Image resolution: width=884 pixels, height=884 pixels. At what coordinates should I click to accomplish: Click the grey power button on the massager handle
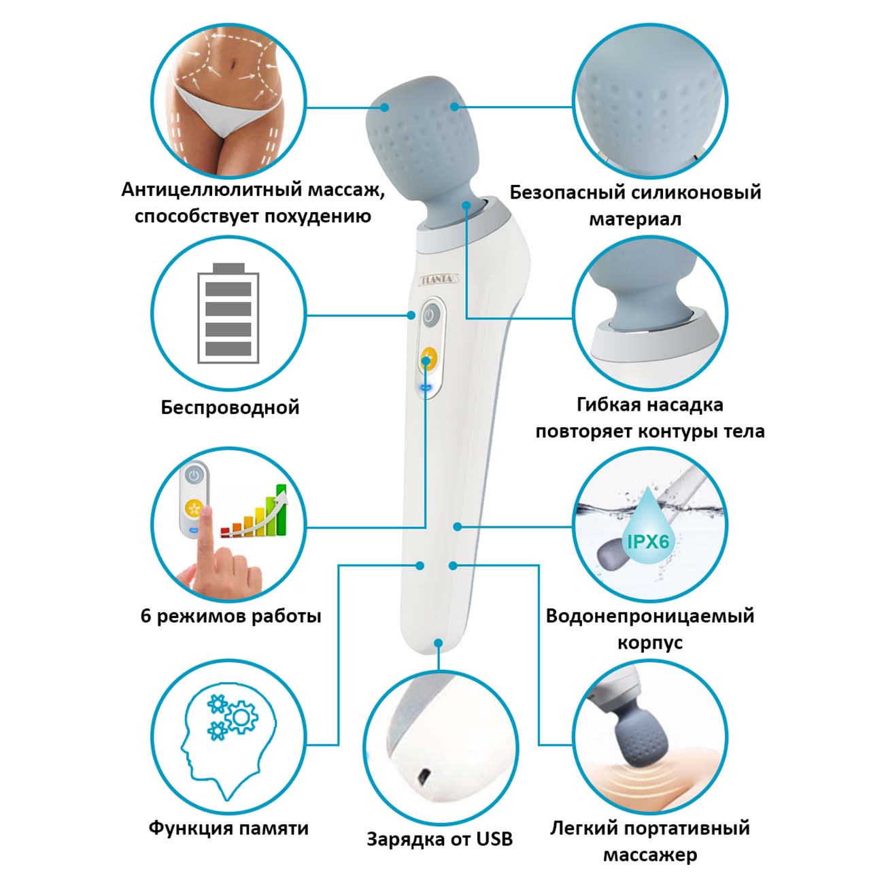(430, 316)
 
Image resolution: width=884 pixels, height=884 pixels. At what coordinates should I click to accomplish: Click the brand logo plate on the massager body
(440, 278)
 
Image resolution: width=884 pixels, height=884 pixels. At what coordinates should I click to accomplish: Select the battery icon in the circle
(228, 313)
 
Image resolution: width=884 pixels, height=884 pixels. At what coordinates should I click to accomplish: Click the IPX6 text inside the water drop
(648, 542)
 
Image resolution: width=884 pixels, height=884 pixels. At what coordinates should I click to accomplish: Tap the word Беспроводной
(230, 407)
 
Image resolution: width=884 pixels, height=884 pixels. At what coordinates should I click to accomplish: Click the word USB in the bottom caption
(494, 839)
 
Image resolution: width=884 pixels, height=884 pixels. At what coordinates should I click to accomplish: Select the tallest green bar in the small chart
(281, 510)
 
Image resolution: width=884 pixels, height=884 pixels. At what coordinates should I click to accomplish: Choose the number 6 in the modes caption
(146, 615)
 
